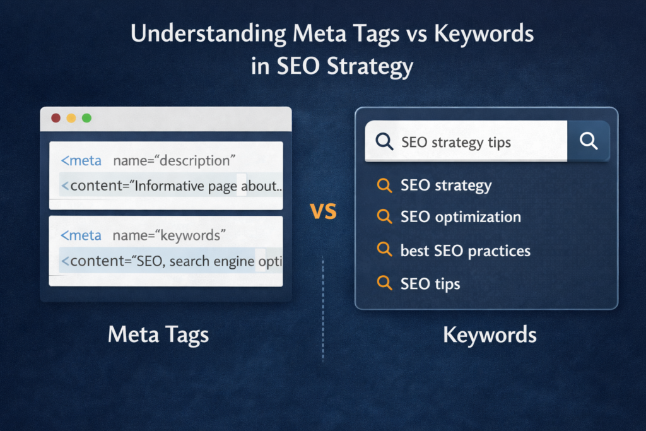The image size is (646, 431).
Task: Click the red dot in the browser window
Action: tap(56, 118)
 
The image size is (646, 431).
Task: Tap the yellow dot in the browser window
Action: tap(71, 118)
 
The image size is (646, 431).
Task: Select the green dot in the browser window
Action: tap(86, 118)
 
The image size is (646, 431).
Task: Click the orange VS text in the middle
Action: tap(324, 212)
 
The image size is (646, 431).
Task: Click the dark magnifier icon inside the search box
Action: tap(384, 141)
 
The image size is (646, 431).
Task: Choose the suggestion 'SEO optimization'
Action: tap(461, 217)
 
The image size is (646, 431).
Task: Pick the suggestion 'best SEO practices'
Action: tap(465, 251)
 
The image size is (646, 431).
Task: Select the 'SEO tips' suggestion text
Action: tap(430, 283)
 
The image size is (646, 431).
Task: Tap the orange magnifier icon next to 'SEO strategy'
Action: tap(384, 186)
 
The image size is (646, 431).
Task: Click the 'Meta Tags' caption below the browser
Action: tap(158, 334)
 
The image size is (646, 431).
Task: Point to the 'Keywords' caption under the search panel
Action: tap(490, 334)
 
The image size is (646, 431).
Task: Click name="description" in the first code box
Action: tap(173, 161)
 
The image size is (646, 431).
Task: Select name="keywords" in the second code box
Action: tap(169, 235)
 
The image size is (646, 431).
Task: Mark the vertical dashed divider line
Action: tap(323, 309)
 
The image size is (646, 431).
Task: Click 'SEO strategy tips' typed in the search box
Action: tap(456, 142)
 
